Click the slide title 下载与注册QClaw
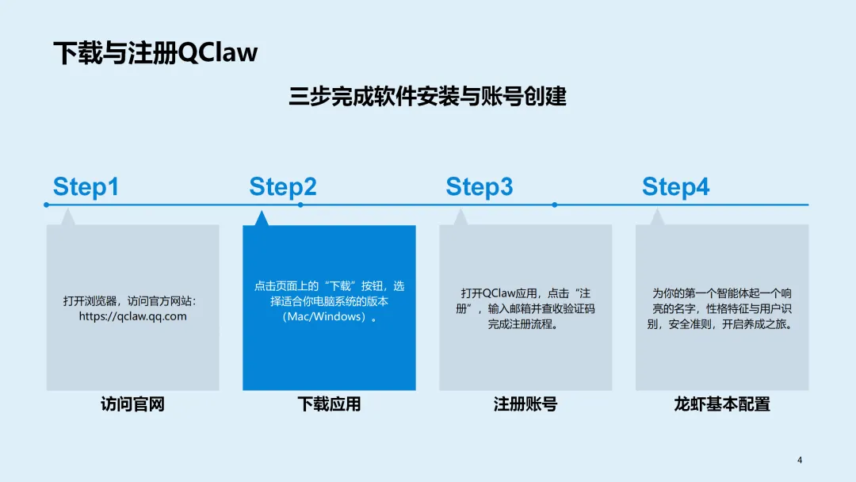click(x=155, y=52)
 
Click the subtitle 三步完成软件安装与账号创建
click(x=428, y=97)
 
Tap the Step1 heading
click(x=86, y=187)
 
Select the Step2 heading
click(x=282, y=187)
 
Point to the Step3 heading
click(x=479, y=187)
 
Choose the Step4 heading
click(x=675, y=187)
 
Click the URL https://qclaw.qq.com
click(x=132, y=316)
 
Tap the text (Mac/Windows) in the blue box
click(x=325, y=317)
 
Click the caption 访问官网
click(x=132, y=404)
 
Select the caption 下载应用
click(x=329, y=404)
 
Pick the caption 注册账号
click(x=525, y=404)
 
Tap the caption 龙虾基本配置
click(x=722, y=404)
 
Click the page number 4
click(x=800, y=461)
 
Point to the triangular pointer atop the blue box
click(x=261, y=219)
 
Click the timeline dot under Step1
click(x=47, y=205)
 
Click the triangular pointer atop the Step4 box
click(x=656, y=218)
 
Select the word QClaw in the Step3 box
click(x=499, y=293)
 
